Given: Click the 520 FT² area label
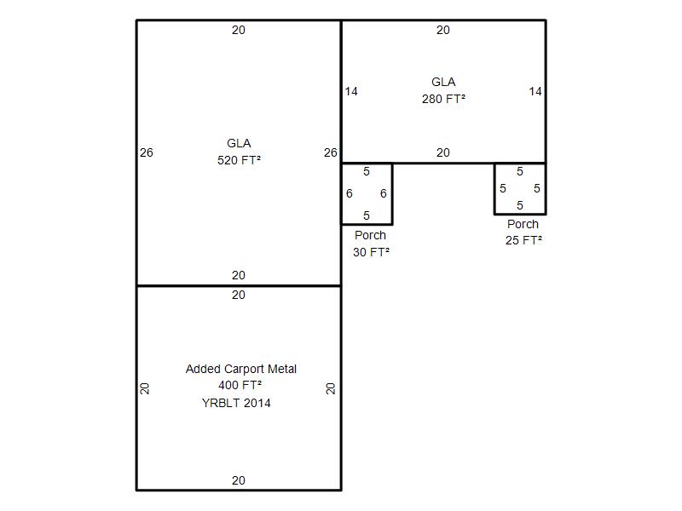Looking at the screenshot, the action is pos(239,160).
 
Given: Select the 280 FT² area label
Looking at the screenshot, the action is pos(443,99).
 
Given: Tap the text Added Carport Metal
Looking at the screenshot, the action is pos(241,369).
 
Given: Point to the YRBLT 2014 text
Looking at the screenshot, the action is pos(236,403).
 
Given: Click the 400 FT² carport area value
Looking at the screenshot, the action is pos(240,385).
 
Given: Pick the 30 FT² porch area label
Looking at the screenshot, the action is pos(371,252).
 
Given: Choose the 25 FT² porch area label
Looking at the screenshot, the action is pos(523,240).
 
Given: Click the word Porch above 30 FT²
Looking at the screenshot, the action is pos(370,235).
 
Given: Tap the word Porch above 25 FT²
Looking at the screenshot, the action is pos(523,224).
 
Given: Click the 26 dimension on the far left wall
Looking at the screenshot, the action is pos(147,152).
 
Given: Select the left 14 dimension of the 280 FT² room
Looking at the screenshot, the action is pos(351,91).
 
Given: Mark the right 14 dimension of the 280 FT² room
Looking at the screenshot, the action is pos(535,91).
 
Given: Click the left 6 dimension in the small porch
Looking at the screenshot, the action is pos(350,193).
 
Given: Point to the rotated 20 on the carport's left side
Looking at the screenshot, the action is pos(145,388).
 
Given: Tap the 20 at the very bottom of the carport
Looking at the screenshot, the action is pos(239,480).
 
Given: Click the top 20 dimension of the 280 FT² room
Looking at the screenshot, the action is pos(443,30).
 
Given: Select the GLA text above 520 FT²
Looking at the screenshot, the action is pos(239,143).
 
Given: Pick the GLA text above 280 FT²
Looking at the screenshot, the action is pos(443,82).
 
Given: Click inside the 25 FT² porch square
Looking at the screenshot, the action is pos(520,188).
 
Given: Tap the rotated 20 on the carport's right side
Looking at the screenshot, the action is pos(331,388).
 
